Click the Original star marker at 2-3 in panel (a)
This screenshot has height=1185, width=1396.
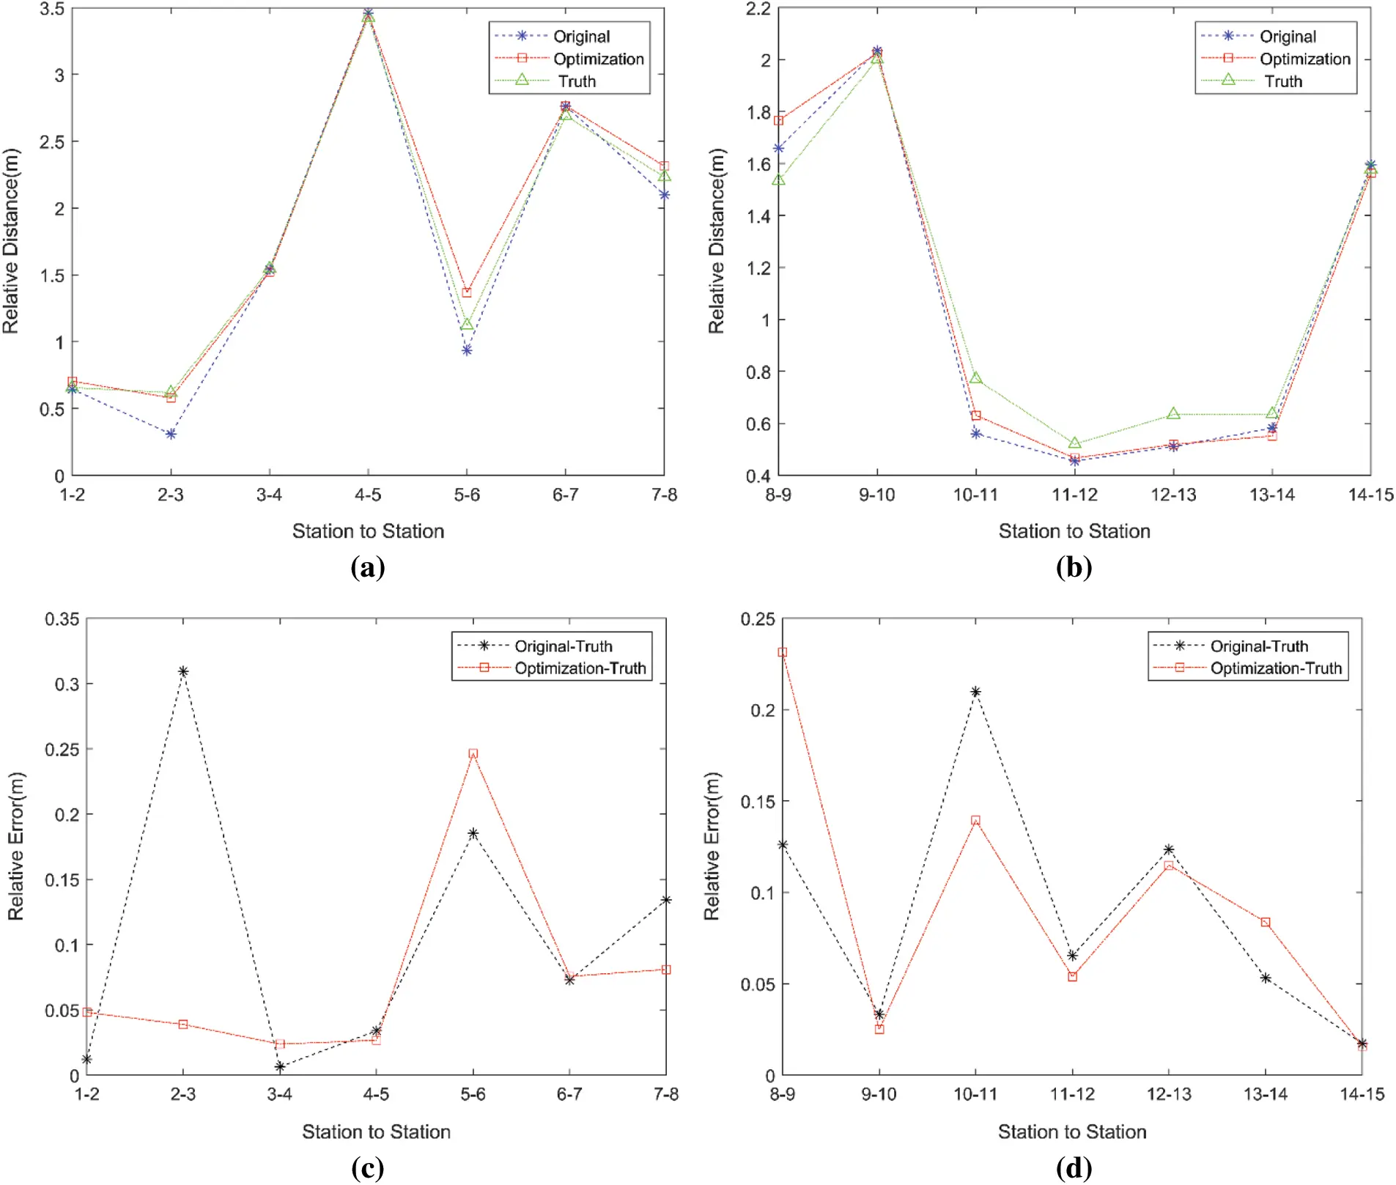point(171,435)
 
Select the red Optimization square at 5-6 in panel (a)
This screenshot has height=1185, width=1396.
point(467,292)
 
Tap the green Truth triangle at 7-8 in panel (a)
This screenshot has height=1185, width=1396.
point(664,176)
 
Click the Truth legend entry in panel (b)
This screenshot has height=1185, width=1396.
point(1283,81)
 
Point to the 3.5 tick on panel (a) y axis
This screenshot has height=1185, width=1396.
point(52,9)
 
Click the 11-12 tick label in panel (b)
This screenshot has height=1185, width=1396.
point(1074,495)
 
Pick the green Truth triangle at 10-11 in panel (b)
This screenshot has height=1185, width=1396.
point(975,378)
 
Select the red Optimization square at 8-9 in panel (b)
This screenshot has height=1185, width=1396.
point(779,120)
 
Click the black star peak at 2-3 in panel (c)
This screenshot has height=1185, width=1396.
point(183,671)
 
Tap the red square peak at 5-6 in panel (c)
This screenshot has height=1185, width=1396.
point(473,753)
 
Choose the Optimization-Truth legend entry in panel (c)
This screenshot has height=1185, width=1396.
point(580,668)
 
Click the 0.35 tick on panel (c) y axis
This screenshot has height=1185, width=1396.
point(62,619)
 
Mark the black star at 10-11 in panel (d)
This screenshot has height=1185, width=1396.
point(975,692)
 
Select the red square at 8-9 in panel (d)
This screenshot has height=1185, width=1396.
point(783,652)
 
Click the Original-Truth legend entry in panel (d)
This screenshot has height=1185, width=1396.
point(1258,646)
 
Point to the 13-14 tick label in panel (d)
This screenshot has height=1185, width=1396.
point(1266,1095)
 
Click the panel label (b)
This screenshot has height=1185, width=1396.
point(1074,568)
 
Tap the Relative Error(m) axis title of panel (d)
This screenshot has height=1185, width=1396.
point(712,846)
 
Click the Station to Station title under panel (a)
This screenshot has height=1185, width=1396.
point(368,531)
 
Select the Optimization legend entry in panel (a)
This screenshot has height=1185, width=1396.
point(598,59)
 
